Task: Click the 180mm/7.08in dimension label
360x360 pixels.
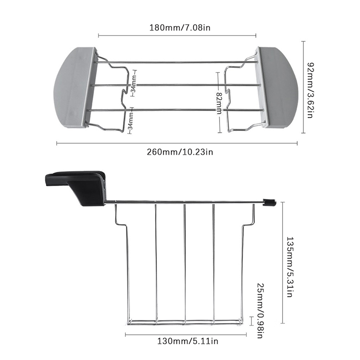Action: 180,28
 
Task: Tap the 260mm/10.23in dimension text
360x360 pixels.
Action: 180,152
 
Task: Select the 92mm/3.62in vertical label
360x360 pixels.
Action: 310,90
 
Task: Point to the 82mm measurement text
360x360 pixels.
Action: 219,103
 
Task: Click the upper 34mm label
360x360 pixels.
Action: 134,83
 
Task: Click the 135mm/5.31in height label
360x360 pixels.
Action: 289,267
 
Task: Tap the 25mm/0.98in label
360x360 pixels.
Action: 261,310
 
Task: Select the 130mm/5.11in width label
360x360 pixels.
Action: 188,341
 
